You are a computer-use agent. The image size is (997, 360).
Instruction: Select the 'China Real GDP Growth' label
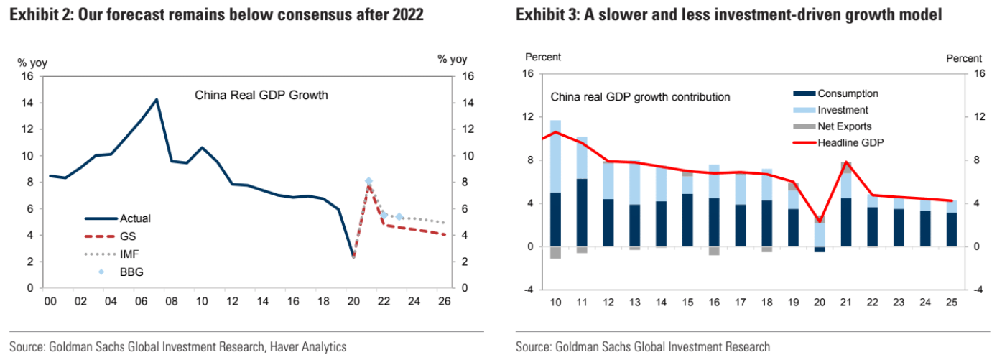click(x=261, y=94)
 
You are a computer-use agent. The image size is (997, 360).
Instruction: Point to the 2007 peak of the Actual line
click(x=157, y=100)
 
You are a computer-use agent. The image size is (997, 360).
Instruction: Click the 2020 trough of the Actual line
click(x=353, y=256)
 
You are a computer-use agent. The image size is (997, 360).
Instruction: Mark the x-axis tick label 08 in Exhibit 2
click(x=172, y=302)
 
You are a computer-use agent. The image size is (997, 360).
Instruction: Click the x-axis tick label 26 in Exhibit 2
click(x=444, y=302)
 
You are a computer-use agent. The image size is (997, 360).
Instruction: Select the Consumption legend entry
click(x=848, y=93)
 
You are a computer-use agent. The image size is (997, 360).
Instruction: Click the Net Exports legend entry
click(x=844, y=126)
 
